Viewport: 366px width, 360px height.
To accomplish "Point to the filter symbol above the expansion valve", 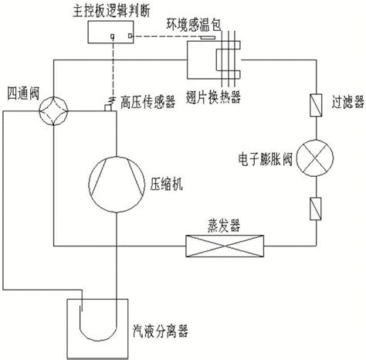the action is point(316,105).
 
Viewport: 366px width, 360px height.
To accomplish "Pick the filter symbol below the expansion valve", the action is point(315,209).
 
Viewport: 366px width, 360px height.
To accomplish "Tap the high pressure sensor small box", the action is point(108,108).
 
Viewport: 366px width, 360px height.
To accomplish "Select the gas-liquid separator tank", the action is point(67,328).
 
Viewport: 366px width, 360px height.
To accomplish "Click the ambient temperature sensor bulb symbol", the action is point(208,38).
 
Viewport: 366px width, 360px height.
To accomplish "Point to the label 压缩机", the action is point(167,184).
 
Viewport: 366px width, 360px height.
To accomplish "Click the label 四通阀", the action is point(23,93).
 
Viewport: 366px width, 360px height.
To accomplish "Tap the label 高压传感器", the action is point(148,102).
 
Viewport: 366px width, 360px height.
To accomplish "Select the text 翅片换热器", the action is point(213,97).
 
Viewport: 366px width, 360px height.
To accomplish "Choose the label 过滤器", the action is point(347,102).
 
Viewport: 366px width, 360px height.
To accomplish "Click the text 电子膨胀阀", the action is point(266,159).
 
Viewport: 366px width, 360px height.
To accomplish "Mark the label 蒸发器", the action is point(224,226).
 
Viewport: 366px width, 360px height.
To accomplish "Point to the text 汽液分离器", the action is point(160,331).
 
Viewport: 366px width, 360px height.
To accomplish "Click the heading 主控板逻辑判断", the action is point(111,11).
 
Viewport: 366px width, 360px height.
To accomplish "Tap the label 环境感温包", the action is point(194,25).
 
